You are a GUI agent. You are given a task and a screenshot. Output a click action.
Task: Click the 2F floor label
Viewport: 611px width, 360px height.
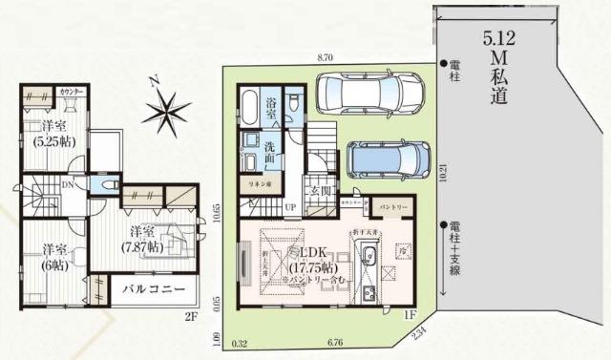[x=190, y=315]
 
